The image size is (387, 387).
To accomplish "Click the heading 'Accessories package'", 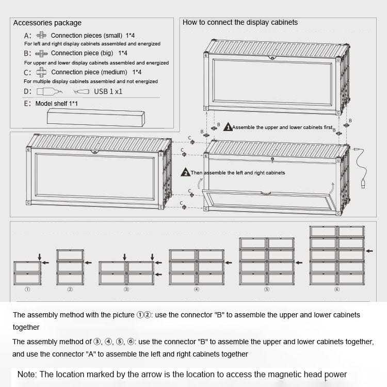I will coord(47,23).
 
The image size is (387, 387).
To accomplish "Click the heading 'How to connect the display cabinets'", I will coord(240,22).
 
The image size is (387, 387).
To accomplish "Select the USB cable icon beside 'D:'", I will coord(50,91).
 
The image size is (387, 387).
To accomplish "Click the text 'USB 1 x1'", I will coord(108,91).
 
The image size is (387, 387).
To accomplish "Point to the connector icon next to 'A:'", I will coord(41,36).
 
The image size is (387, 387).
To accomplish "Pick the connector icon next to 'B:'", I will coord(41,53).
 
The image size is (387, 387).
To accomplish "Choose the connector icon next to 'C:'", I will coord(41,72).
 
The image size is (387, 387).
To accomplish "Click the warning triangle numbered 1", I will coord(228,127).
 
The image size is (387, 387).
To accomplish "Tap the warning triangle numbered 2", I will coord(185,172).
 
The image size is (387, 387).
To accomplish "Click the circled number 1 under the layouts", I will coord(27,289).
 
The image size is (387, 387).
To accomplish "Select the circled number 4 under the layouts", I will coord(197,289).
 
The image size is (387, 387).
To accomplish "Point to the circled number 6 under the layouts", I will coord(336,289).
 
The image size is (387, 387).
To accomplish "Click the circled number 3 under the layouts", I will coord(126,289).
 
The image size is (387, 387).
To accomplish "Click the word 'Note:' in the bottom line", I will coord(27,375).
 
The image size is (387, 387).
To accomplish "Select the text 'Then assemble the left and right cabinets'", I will coord(237,173).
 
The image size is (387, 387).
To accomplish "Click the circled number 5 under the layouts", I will coord(266,289).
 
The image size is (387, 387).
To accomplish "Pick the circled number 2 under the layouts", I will coord(70,289).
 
